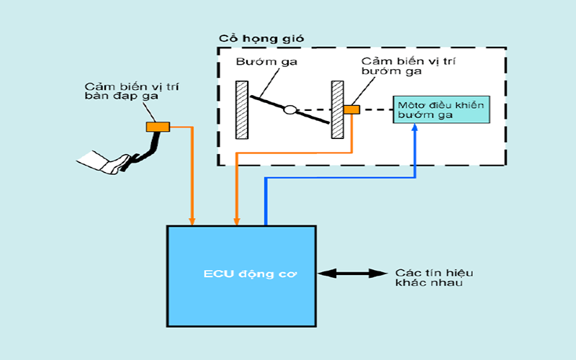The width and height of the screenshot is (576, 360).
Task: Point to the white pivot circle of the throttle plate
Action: pyautogui.click(x=289, y=110)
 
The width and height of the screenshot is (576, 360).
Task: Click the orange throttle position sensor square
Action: pyautogui.click(x=351, y=109)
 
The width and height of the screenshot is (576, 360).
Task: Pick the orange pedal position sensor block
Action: pyautogui.click(x=157, y=127)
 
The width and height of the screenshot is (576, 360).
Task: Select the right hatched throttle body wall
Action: pyautogui.click(x=336, y=110)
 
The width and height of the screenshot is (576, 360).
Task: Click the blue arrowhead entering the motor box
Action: pyautogui.click(x=415, y=128)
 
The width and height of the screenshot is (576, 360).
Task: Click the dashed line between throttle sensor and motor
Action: pyautogui.click(x=375, y=109)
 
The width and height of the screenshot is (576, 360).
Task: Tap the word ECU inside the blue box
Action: pyautogui.click(x=215, y=274)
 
